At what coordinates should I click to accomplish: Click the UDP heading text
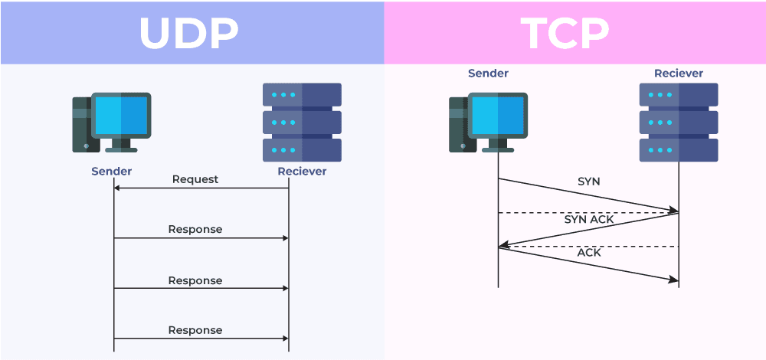[x=188, y=32]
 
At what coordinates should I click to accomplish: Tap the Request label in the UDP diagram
[x=195, y=179]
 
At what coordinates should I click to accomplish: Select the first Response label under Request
[x=195, y=229]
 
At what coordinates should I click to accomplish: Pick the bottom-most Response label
[x=195, y=330]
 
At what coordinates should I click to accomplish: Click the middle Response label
[x=195, y=280]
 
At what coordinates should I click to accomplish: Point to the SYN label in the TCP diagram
[x=588, y=182]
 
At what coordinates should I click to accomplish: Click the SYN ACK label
[x=588, y=219]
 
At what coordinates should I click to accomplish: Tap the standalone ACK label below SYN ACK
[x=588, y=252]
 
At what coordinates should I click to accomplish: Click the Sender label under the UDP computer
[x=111, y=171]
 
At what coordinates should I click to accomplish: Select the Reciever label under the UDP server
[x=302, y=171]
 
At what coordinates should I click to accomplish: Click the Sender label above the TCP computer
[x=488, y=74]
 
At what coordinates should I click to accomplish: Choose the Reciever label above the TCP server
[x=678, y=74]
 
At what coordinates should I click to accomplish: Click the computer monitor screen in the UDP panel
[x=121, y=115]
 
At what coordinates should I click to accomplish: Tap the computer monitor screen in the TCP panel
[x=498, y=115]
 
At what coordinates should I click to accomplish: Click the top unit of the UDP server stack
[x=302, y=94]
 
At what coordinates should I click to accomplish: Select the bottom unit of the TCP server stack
[x=679, y=149]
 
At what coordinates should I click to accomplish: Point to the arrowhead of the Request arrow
[x=117, y=188]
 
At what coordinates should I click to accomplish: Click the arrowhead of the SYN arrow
[x=675, y=209]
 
